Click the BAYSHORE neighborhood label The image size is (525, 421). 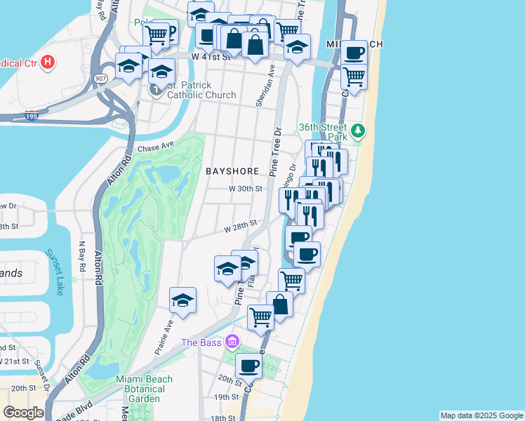point(233,171)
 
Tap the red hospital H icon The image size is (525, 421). point(47,62)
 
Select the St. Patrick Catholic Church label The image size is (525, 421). point(184,91)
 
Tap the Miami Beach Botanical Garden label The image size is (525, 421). point(148,389)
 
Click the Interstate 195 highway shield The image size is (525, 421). point(32,116)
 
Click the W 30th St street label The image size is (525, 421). point(245,189)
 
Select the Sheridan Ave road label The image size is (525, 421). point(263,88)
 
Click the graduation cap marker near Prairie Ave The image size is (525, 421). point(182,300)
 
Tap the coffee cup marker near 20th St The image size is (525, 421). point(248,365)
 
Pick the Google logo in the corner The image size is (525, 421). point(23,413)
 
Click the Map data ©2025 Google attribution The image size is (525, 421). point(481,415)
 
